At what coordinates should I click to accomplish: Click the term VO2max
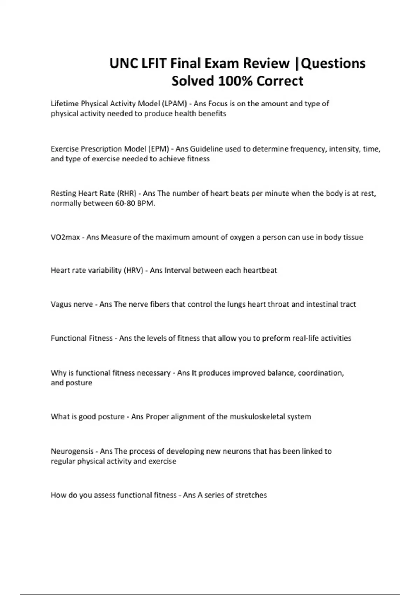coord(65,237)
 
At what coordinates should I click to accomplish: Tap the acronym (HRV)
coord(133,270)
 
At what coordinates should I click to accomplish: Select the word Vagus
coord(61,304)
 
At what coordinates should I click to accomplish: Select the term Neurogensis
coord(72,451)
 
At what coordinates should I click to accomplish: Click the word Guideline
coord(206,149)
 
